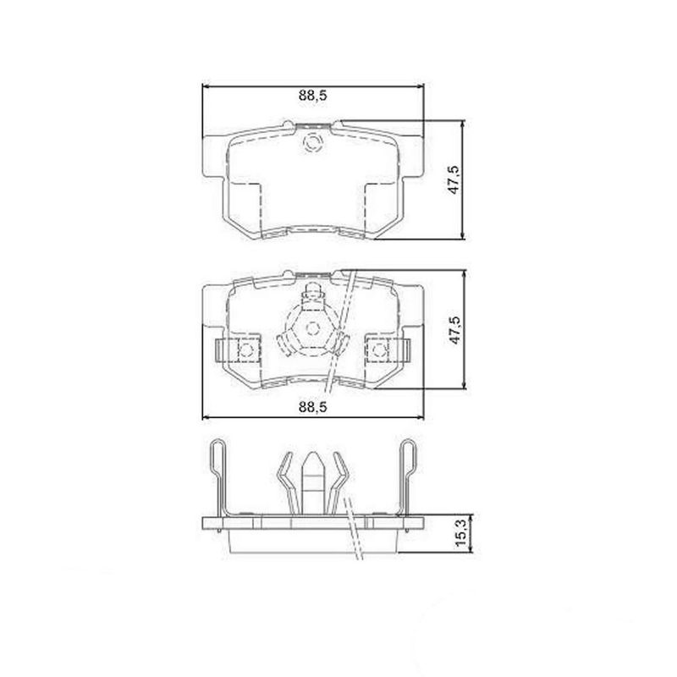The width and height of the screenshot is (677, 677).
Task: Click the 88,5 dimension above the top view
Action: pyautogui.click(x=312, y=96)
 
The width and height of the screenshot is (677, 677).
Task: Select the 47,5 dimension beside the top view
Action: pyautogui.click(x=454, y=179)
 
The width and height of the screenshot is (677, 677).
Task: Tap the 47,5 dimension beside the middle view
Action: pyautogui.click(x=454, y=328)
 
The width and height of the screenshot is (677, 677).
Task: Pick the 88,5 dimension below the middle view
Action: pyautogui.click(x=312, y=407)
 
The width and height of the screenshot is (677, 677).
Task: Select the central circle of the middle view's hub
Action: pyautogui.click(x=312, y=328)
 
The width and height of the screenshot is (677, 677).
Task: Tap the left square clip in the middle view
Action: pyautogui.click(x=245, y=349)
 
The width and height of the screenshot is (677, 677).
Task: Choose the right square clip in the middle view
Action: pyautogui.click(x=380, y=349)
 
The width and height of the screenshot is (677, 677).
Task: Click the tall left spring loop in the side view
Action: pyautogui.click(x=217, y=474)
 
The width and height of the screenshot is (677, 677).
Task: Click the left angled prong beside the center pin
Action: pyautogui.click(x=284, y=482)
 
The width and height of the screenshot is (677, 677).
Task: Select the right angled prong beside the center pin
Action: pyautogui.click(x=342, y=482)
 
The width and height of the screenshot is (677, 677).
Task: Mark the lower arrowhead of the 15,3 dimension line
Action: pyautogui.click(x=463, y=550)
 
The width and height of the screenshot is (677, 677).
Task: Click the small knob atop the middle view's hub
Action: pyautogui.click(x=312, y=293)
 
